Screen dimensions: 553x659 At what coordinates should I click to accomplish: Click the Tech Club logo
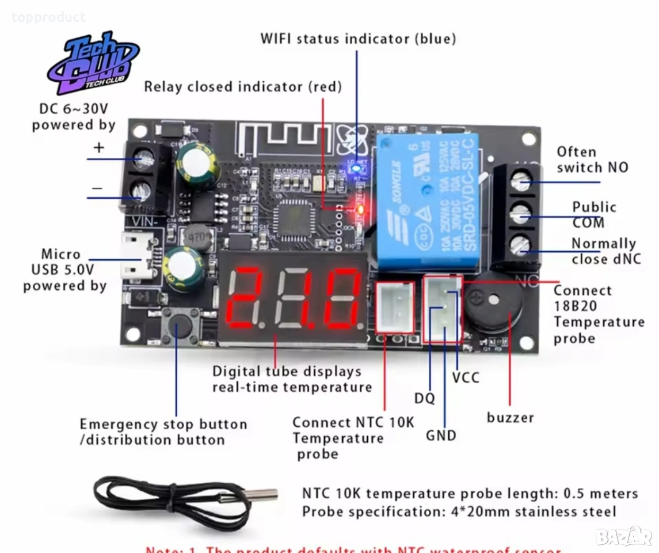pos(92,63)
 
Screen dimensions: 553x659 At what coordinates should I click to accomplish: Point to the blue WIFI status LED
pos(357,168)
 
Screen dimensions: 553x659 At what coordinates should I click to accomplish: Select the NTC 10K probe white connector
pos(395,308)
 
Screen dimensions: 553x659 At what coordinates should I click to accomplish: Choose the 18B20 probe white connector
pos(443,308)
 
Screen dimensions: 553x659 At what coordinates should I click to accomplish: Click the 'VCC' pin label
pos(465,378)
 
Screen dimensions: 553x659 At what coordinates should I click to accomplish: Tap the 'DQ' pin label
pos(425,399)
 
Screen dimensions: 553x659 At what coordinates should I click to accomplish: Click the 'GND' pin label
pos(441,435)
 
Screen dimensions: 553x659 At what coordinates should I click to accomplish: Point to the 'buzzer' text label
pos(510,417)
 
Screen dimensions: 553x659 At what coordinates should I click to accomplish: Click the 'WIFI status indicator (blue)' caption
pos(358,39)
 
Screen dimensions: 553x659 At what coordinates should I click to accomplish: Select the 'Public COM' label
pos(593,215)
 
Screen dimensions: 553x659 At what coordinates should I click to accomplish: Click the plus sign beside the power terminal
pos(99,147)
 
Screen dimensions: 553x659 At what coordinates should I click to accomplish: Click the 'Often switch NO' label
pos(592,160)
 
